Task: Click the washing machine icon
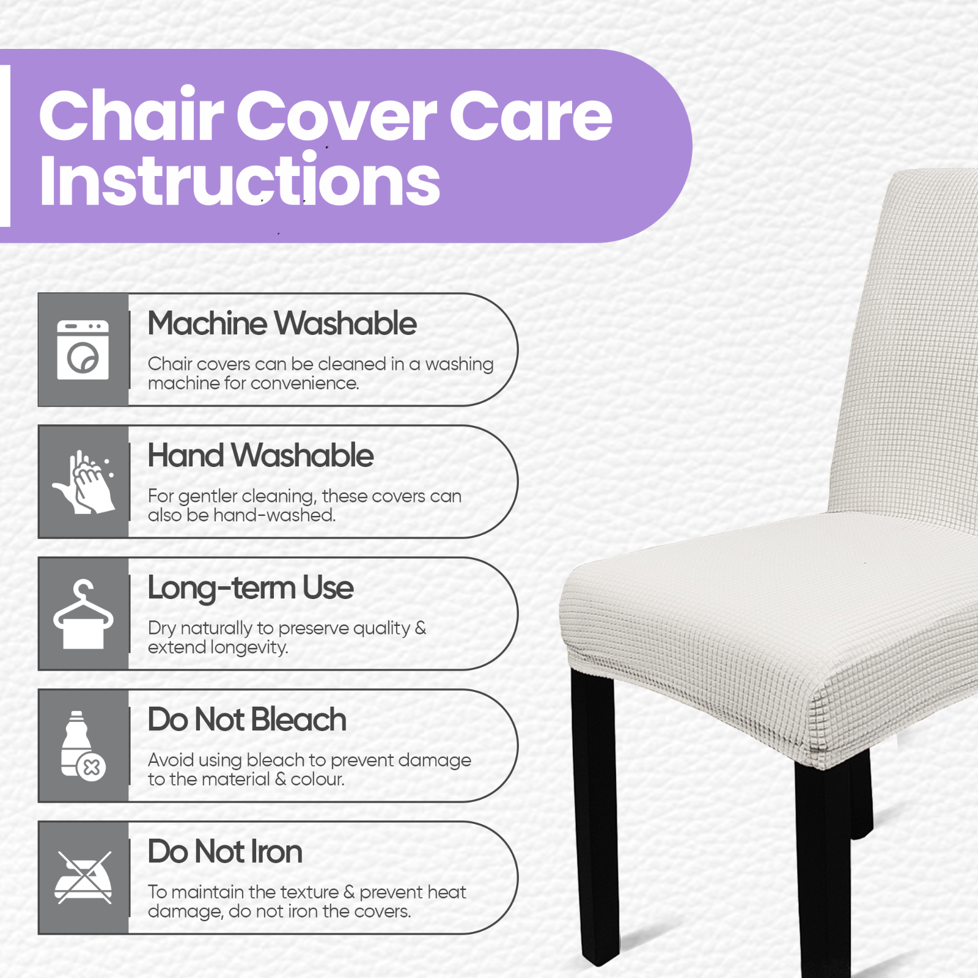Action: coord(83,350)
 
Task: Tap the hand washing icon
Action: coord(84,482)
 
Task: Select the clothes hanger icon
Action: coord(83,614)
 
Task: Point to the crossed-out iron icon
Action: coord(83,878)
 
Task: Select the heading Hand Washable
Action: coord(260,455)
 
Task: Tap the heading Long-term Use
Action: coord(251,588)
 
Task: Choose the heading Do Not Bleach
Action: coord(247,719)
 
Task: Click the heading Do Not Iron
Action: coord(225,851)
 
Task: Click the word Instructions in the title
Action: coord(240,180)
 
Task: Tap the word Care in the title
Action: coord(531,115)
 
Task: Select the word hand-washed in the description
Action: coord(274,515)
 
